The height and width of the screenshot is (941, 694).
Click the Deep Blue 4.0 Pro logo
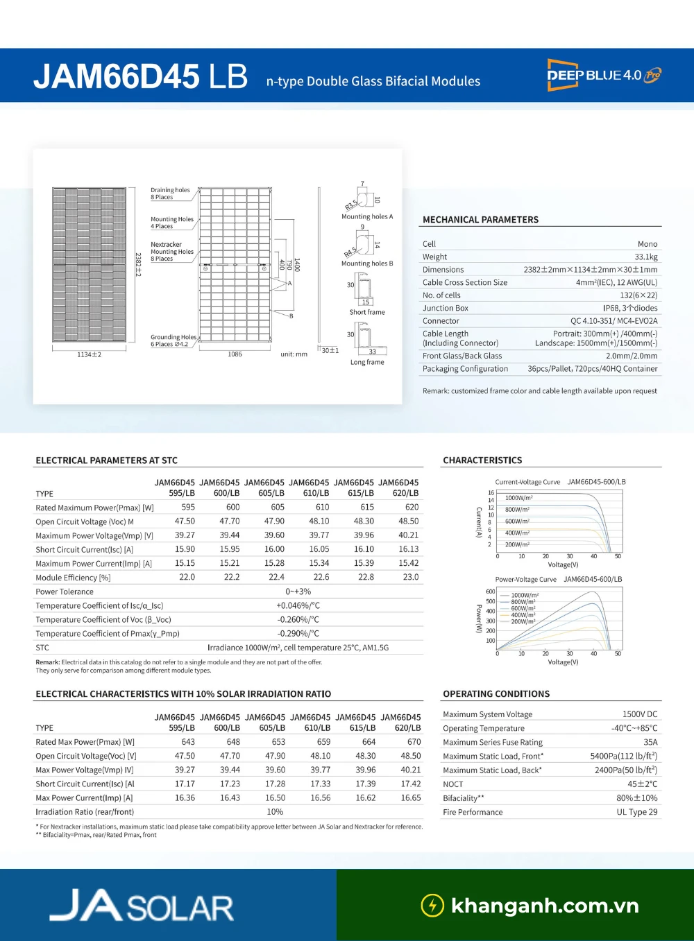tap(604, 75)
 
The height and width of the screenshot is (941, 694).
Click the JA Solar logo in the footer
tap(142, 906)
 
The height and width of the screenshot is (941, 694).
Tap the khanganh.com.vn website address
tap(544, 906)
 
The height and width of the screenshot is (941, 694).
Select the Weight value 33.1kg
tap(645, 257)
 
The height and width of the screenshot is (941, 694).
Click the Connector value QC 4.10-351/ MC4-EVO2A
tap(613, 321)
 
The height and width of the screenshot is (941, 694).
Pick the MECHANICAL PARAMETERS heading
tap(480, 220)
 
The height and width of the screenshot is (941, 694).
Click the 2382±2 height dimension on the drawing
tap(137, 264)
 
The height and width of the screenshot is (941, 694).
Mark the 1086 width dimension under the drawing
tap(235, 354)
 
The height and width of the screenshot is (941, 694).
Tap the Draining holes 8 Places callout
tap(170, 193)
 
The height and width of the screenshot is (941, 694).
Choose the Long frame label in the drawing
tap(367, 362)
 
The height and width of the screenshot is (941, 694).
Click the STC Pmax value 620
tap(412, 508)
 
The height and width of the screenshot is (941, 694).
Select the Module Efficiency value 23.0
tap(411, 578)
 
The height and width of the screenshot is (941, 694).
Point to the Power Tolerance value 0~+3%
tap(298, 592)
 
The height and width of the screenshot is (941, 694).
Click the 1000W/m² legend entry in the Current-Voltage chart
tap(518, 498)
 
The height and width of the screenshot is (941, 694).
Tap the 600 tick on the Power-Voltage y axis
tap(491, 592)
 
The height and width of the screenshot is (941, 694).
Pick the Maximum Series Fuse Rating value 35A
tap(650, 742)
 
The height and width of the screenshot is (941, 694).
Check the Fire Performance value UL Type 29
tap(636, 812)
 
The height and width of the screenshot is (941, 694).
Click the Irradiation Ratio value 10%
tap(275, 812)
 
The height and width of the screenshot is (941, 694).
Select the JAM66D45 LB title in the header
tap(140, 76)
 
